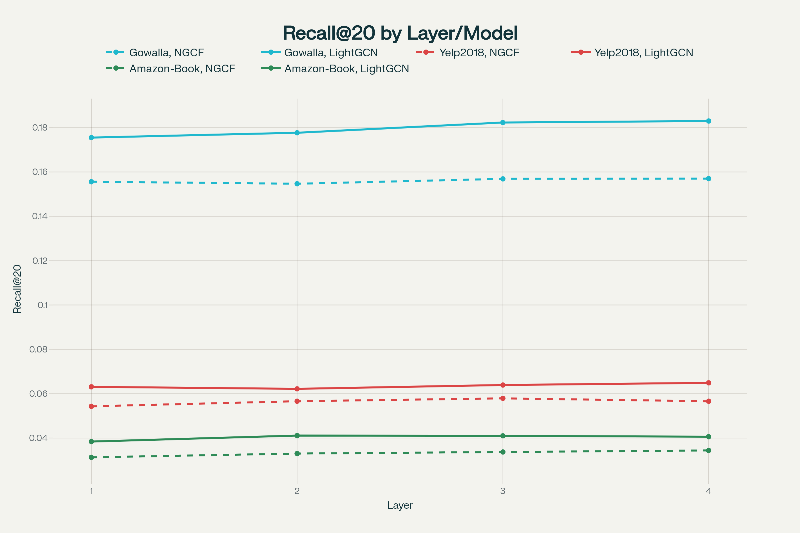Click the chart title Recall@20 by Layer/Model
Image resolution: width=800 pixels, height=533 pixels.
pos(400,33)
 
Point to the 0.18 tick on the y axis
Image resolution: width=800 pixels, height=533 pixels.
pos(39,128)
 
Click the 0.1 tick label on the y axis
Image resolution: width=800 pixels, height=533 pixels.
pos(42,305)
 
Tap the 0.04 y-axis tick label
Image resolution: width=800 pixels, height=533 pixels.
pos(38,438)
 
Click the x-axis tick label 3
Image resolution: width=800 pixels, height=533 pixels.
pos(503,491)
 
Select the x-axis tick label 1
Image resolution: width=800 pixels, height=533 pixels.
pos(91,491)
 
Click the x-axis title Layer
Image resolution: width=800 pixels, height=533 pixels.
pos(400,505)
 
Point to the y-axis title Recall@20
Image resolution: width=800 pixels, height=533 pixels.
pos(17,289)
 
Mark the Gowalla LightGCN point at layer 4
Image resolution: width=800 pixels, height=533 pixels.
pos(709,121)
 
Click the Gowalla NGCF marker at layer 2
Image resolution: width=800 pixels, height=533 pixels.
pos(297,184)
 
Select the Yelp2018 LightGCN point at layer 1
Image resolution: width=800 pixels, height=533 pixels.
pos(91,387)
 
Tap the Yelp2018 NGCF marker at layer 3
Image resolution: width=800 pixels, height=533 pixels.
pos(503,398)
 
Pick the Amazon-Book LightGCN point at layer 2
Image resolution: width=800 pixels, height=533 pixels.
pos(297,436)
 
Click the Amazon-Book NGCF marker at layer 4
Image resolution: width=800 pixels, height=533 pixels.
pos(709,450)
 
